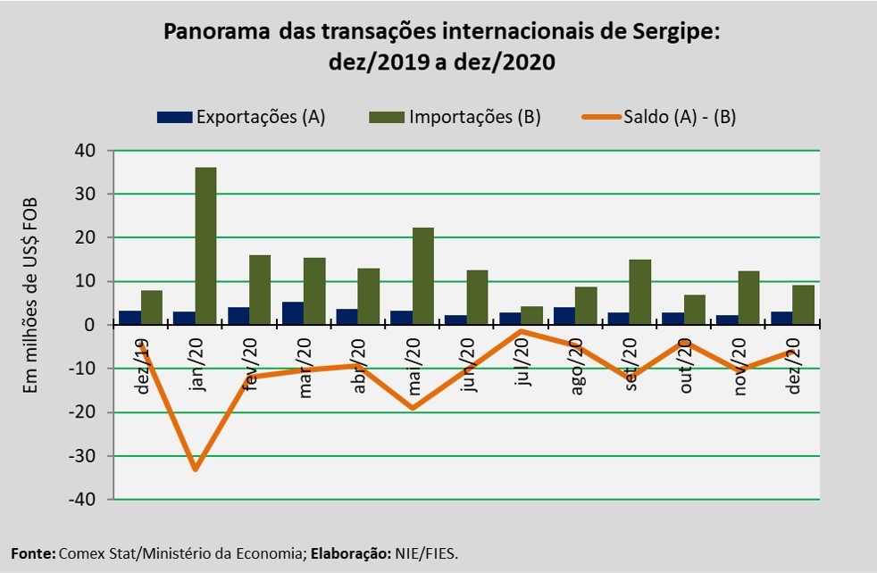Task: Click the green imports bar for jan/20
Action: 205,245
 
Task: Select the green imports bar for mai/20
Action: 423,276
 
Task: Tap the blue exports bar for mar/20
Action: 292,313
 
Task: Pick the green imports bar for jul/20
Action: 532,315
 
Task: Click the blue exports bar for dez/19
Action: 129,318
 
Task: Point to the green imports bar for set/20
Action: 641,292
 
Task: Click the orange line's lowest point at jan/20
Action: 195,469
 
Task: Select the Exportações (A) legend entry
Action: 241,117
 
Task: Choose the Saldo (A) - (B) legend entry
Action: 661,117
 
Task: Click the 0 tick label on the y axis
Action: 91,325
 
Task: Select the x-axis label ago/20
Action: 576,367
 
